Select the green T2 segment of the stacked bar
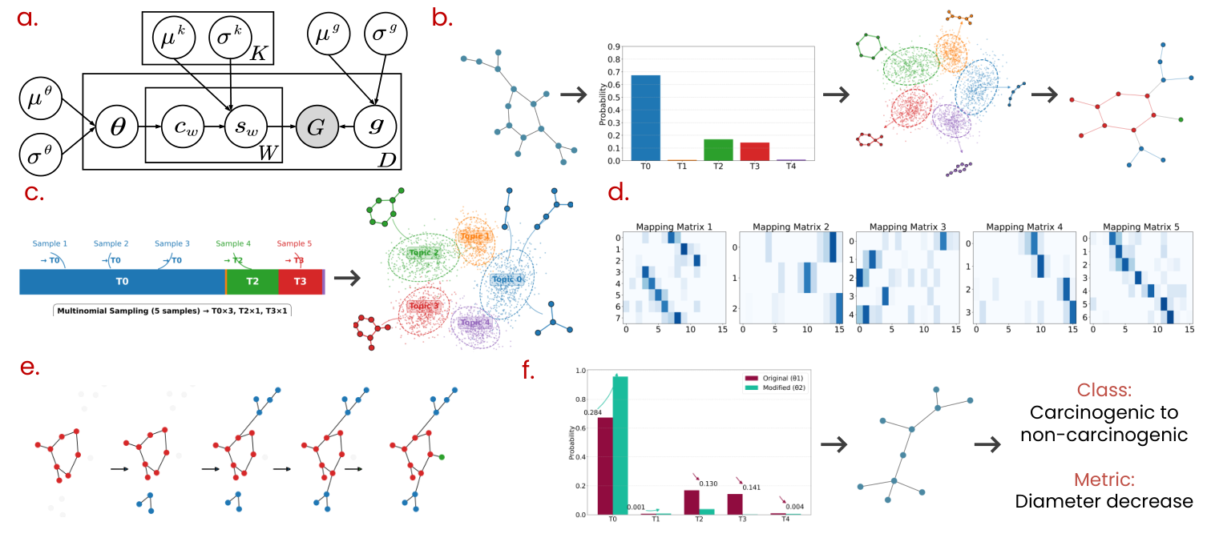(252, 281)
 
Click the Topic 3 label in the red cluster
(424, 306)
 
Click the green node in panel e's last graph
(442, 456)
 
